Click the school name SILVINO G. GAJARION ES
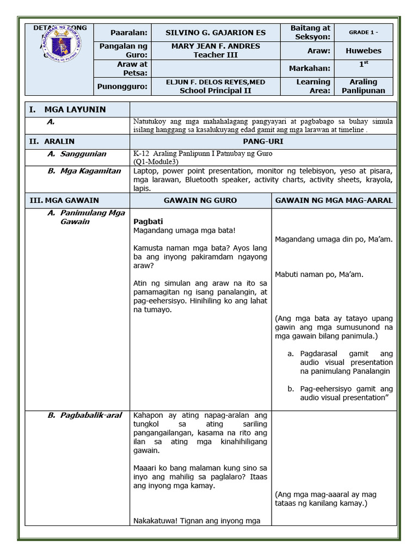coord(216,32)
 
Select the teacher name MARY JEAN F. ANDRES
coord(216,46)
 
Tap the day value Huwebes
coord(363,51)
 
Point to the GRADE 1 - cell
coord(363,32)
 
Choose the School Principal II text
coord(216,91)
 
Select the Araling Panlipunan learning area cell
coord(363,86)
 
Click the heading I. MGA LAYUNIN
coord(67,109)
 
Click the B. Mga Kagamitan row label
coord(84,171)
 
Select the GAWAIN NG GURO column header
coord(200,200)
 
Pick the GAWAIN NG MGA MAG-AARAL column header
coord(334,200)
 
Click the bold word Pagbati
coord(149,221)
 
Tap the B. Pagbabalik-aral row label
coord(84,416)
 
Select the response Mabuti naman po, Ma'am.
coord(319,274)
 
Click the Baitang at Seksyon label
coord(310,32)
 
